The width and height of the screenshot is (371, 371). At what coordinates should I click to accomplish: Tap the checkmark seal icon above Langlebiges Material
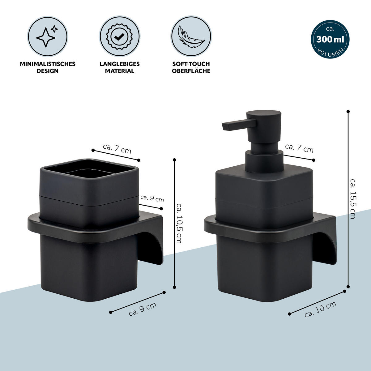(x=119, y=36)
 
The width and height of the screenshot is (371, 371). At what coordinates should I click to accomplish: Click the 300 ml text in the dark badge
(x=330, y=40)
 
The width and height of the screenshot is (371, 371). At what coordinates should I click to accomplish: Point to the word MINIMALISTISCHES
(x=48, y=64)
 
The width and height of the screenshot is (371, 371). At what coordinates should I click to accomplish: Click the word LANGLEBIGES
(x=120, y=64)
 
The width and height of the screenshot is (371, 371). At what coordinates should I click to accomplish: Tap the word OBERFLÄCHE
(x=191, y=71)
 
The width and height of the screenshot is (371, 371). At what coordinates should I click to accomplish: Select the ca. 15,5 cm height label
(x=352, y=199)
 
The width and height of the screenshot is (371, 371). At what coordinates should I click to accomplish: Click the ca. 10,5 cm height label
(x=179, y=223)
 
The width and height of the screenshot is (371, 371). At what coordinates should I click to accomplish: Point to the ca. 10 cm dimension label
(x=320, y=309)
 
